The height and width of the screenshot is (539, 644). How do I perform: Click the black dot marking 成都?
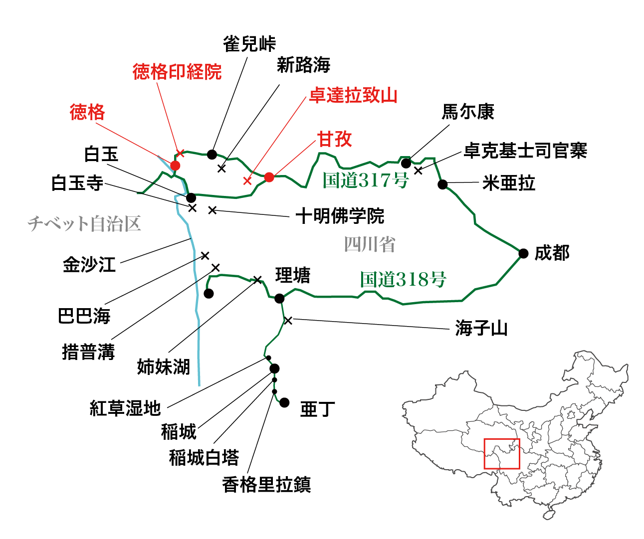[523, 253]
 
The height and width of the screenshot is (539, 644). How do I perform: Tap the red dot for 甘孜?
[269, 177]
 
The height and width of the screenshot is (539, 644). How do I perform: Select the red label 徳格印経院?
[177, 72]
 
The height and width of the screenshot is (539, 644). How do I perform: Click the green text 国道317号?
[365, 180]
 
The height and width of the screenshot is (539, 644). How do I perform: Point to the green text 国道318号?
[403, 280]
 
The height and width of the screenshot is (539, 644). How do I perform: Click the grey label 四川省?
[369, 244]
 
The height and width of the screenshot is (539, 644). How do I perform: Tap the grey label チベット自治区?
[84, 223]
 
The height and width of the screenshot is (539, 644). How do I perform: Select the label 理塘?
[293, 275]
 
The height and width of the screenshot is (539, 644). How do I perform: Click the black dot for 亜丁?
[284, 402]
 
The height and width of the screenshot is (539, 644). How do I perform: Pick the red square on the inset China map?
[502, 454]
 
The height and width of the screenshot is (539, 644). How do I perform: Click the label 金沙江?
[89, 264]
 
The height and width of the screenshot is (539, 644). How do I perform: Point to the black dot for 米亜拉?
[442, 184]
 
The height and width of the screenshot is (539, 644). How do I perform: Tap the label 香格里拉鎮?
[266, 484]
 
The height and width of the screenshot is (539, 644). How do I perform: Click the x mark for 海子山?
[288, 320]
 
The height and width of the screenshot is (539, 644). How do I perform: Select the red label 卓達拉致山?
[353, 95]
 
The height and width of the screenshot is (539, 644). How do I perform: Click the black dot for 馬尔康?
[406, 163]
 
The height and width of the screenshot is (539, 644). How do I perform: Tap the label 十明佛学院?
[340, 216]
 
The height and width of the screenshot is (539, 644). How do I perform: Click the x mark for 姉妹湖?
[257, 280]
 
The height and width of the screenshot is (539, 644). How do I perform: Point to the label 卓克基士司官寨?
[525, 150]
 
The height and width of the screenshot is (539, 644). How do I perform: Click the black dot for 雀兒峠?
[212, 154]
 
